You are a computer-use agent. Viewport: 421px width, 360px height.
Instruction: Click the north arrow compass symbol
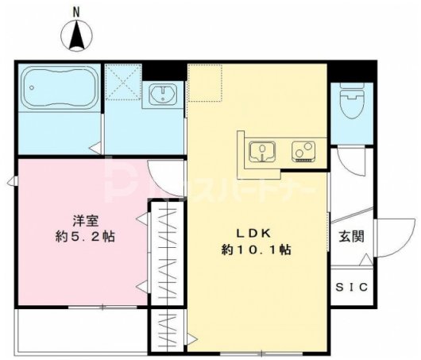(x=77, y=36)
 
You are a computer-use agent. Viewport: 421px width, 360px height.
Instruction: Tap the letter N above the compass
(x=77, y=11)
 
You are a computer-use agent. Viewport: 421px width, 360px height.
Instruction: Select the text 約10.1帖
(x=256, y=250)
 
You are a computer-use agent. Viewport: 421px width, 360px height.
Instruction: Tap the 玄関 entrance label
(x=350, y=236)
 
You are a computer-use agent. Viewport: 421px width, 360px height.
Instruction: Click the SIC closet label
(x=350, y=287)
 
